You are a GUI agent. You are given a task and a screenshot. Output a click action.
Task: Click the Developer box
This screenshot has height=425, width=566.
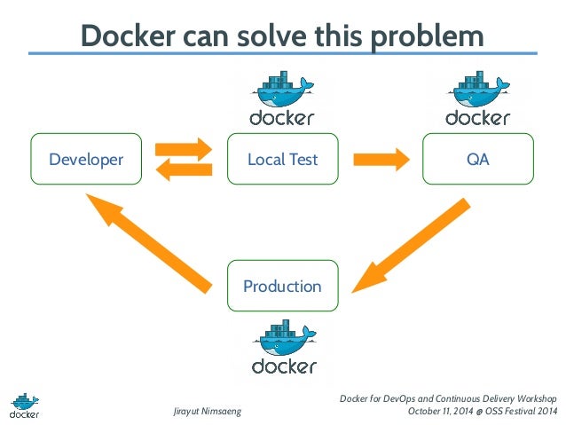tap(86, 160)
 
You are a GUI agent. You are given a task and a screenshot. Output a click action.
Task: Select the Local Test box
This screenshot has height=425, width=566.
tap(282, 160)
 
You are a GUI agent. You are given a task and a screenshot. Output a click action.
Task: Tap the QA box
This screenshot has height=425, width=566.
tap(477, 160)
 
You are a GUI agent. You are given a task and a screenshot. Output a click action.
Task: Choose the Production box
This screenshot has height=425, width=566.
tap(282, 286)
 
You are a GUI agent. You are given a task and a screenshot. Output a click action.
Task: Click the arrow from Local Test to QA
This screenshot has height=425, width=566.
tap(381, 160)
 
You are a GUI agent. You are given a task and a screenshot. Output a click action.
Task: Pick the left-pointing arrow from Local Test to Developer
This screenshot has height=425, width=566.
tap(184, 171)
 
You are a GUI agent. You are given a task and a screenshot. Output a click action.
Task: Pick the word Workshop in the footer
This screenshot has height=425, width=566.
tap(531, 397)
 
